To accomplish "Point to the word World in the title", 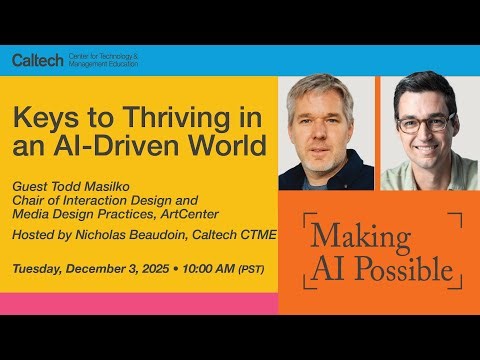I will tap(236, 147).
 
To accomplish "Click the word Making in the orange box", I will tap(360, 236).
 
